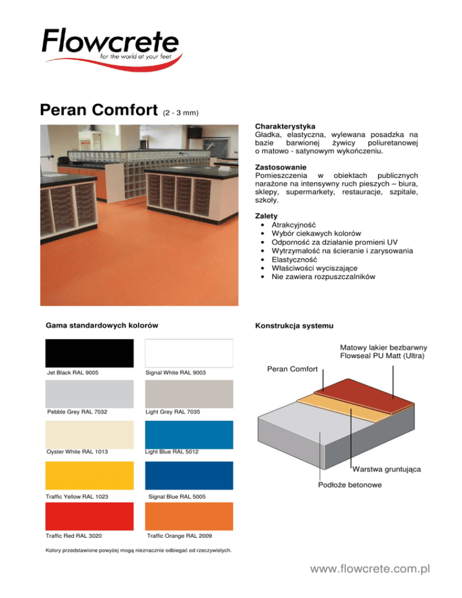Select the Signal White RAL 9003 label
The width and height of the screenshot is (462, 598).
coord(176,373)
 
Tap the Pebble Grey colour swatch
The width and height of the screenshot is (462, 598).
coord(89,393)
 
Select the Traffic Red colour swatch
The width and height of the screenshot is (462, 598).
coord(89,516)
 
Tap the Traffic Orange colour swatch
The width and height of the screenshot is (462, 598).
coord(189,516)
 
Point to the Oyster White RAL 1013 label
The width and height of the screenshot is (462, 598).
coord(76,452)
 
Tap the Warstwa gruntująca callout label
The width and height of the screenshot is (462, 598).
coord(387,469)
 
